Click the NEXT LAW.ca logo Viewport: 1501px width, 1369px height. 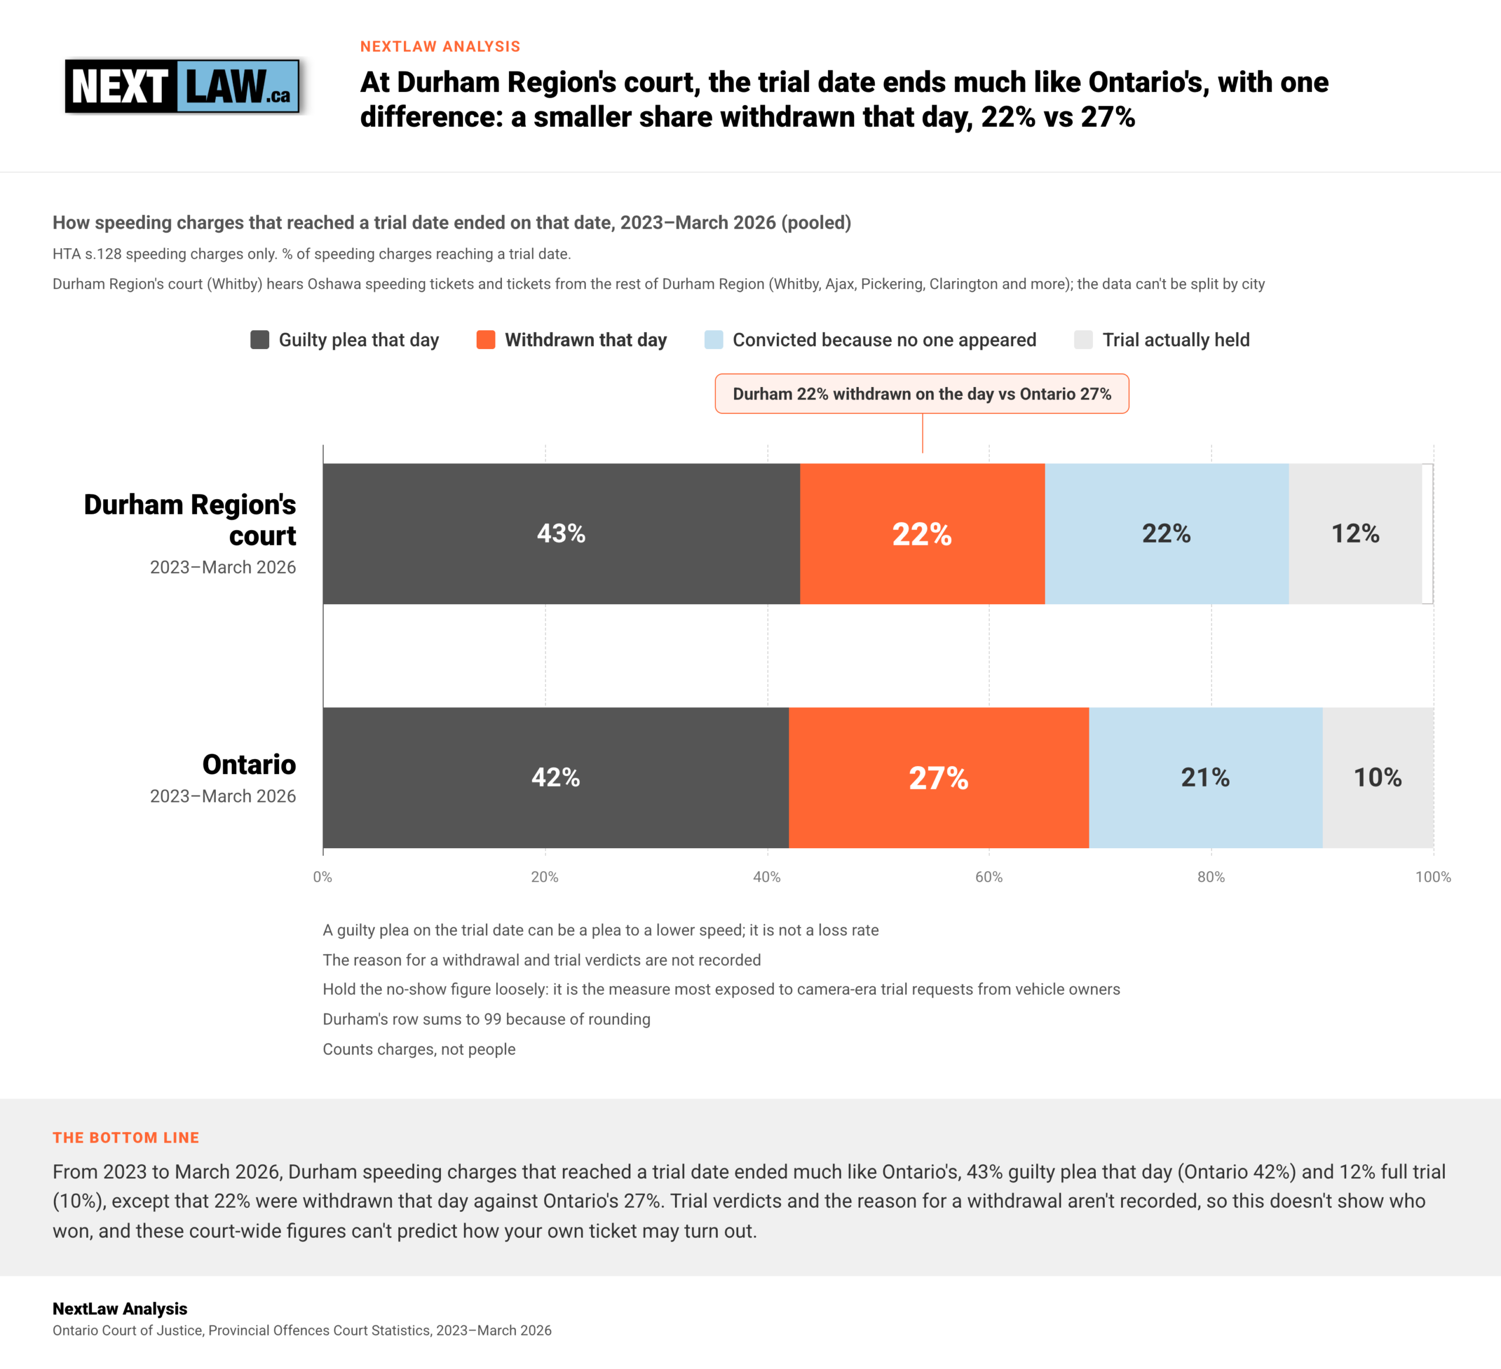pos(182,86)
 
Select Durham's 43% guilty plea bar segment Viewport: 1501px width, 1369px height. pos(561,533)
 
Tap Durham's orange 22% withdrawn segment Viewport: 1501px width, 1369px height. pos(922,533)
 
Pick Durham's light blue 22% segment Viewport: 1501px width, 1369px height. pos(1167,533)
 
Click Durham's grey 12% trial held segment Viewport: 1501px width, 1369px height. pos(1356,533)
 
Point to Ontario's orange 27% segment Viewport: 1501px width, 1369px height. pos(939,778)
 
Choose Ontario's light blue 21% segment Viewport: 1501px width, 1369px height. pos(1206,778)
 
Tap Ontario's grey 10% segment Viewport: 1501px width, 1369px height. pos(1378,778)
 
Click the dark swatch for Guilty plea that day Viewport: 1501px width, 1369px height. pos(260,340)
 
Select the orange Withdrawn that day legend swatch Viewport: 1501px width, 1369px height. pos(486,340)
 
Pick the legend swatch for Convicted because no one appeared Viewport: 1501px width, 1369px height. pos(714,340)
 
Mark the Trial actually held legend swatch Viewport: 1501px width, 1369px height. pos(1084,340)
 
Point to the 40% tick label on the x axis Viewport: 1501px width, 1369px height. pos(767,877)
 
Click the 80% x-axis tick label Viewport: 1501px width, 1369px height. pos(1211,877)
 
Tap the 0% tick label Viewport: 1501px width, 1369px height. pos(322,877)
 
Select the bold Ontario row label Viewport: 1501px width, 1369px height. pos(249,764)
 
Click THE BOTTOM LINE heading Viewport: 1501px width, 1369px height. pos(126,1137)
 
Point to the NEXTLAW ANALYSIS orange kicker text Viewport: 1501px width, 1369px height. pos(440,46)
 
